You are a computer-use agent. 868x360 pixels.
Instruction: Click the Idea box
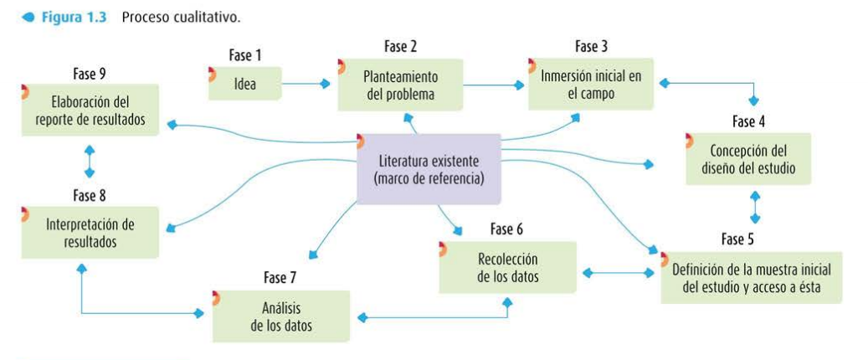(x=246, y=84)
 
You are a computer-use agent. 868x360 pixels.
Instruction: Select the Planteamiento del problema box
(x=400, y=85)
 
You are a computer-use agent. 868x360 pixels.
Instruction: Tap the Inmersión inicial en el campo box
(x=591, y=85)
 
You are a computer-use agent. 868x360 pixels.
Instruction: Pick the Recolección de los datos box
(x=508, y=268)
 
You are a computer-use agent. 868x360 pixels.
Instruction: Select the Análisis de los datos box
(x=280, y=316)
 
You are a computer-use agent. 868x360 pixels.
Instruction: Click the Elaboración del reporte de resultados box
(x=90, y=111)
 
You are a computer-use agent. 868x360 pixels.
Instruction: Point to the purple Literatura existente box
(x=429, y=168)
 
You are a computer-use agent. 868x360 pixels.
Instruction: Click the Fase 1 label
(x=245, y=55)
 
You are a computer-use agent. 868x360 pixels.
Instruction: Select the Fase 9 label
(x=90, y=73)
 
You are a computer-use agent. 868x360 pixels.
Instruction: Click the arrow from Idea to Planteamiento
(x=306, y=84)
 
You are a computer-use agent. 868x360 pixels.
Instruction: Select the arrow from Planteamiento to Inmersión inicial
(x=494, y=85)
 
